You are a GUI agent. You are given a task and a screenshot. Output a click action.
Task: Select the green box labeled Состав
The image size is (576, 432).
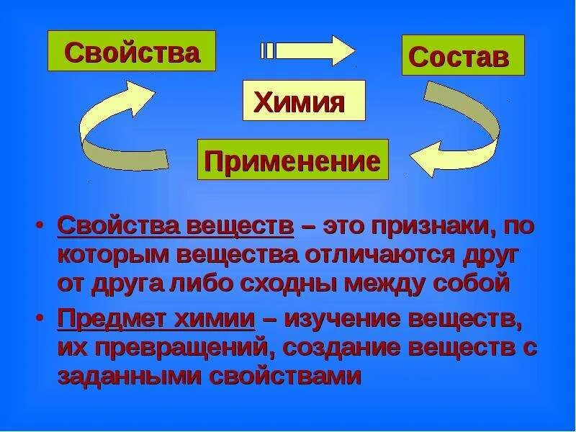click(462, 55)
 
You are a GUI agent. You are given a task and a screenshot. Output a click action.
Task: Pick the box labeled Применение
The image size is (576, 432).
click(293, 159)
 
